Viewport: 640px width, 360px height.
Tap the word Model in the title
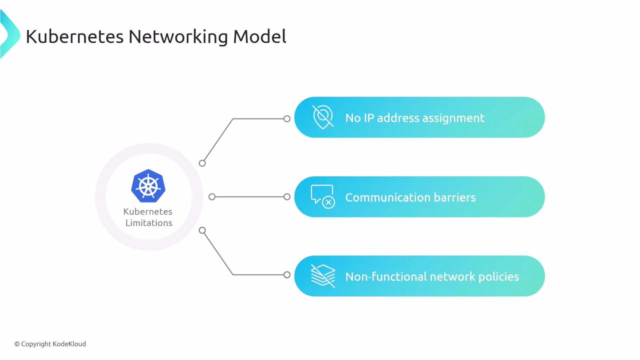(x=259, y=36)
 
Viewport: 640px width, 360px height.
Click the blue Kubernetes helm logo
(x=148, y=186)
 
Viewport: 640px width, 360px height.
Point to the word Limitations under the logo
(x=148, y=223)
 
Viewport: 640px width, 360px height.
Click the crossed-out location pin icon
(x=322, y=117)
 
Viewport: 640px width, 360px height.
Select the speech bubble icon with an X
(x=322, y=196)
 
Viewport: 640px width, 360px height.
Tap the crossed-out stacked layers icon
(x=322, y=276)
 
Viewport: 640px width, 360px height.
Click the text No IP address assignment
(x=414, y=118)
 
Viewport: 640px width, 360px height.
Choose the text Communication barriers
(x=410, y=197)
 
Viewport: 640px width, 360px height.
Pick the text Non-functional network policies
(x=431, y=276)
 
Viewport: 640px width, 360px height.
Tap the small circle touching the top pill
(x=286, y=118)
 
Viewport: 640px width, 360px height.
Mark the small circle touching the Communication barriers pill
(x=286, y=197)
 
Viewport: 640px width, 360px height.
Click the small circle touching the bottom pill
(x=286, y=274)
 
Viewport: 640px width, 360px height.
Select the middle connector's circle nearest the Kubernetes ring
(x=212, y=197)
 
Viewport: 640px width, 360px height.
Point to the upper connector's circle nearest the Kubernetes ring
(x=202, y=163)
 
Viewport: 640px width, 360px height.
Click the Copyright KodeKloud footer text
(x=50, y=344)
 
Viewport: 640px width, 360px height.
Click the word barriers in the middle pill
(x=454, y=197)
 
